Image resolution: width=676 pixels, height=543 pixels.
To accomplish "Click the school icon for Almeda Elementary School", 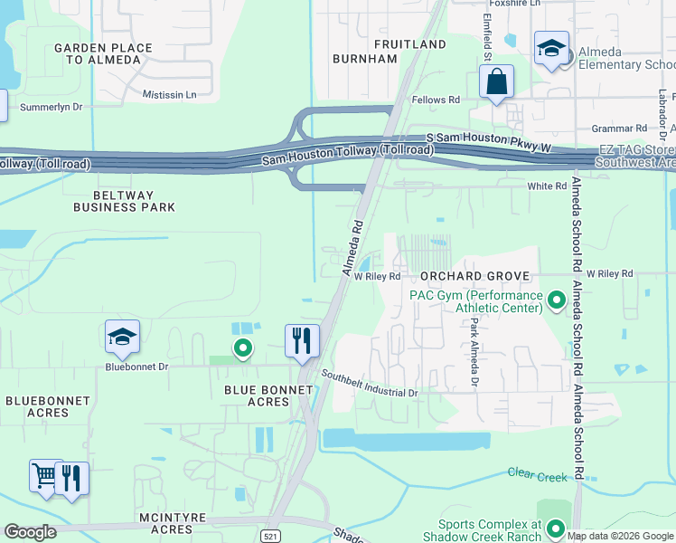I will [550, 50].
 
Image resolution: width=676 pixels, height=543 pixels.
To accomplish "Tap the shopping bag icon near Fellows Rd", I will [496, 83].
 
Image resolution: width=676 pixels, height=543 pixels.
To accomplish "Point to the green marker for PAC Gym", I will [557, 299].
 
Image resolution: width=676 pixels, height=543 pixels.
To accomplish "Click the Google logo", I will [30, 532].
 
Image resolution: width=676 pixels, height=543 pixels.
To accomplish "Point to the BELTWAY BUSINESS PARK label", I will [124, 201].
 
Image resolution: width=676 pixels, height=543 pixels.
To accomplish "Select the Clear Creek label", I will [537, 474].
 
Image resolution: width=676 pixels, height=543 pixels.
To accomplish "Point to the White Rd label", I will [546, 185].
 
